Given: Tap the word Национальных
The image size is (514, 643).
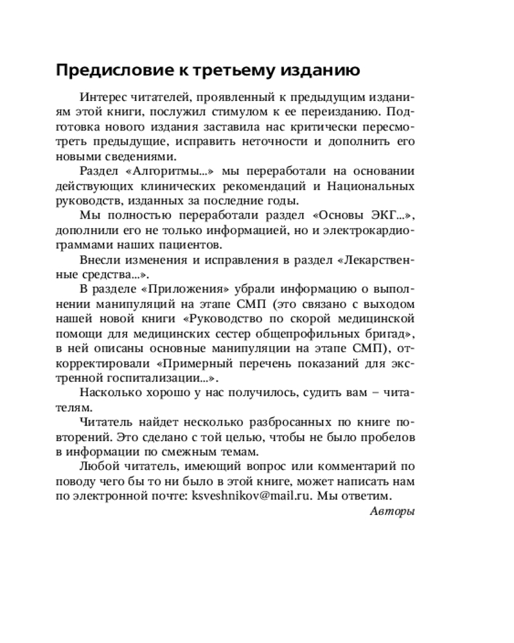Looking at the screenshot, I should click(x=371, y=186).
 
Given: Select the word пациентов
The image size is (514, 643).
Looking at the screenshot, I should click(x=195, y=245).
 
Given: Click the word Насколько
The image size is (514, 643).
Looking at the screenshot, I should click(x=110, y=392).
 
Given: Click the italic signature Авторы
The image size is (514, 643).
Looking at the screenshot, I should click(x=393, y=512).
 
